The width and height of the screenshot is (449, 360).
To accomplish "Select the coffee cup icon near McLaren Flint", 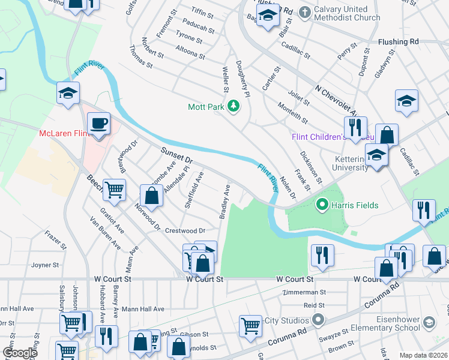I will pyautogui.click(x=99, y=124).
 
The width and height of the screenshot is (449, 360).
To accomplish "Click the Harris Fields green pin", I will pyautogui.click(x=322, y=205).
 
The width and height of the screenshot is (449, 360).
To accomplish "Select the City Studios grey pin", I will pyautogui.click(x=318, y=320).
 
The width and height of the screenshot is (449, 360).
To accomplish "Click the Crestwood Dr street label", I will pyautogui.click(x=185, y=230).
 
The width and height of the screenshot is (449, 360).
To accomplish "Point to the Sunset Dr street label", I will pyautogui.click(x=176, y=158).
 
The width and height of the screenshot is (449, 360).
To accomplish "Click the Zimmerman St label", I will pyautogui.click(x=306, y=292).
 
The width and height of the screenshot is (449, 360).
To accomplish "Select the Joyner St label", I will pyautogui.click(x=45, y=265).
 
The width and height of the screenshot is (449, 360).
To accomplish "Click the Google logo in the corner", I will pyautogui.click(x=20, y=353).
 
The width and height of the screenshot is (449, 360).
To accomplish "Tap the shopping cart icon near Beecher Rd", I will pyautogui.click(x=113, y=190).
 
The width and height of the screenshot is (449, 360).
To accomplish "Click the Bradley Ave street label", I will pyautogui.click(x=225, y=201).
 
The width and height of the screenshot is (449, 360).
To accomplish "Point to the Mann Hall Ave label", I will pyautogui.click(x=143, y=309).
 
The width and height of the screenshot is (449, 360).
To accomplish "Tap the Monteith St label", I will pyautogui.click(x=292, y=113).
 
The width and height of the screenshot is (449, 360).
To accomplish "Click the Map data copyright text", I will pyautogui.click(x=423, y=355).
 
